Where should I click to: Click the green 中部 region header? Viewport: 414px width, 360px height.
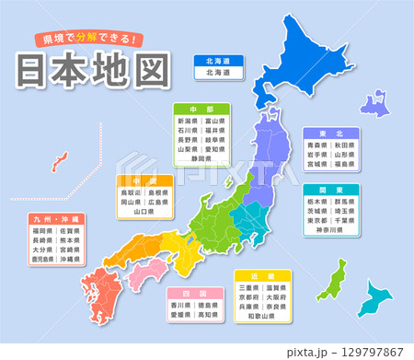(x=202, y=109)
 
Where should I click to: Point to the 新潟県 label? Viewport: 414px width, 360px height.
(x=188, y=121)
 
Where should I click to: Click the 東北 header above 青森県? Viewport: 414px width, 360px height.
(x=328, y=133)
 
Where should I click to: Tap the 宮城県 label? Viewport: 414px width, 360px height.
(x=315, y=167)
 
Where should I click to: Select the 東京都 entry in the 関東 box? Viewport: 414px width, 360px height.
(x=315, y=220)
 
